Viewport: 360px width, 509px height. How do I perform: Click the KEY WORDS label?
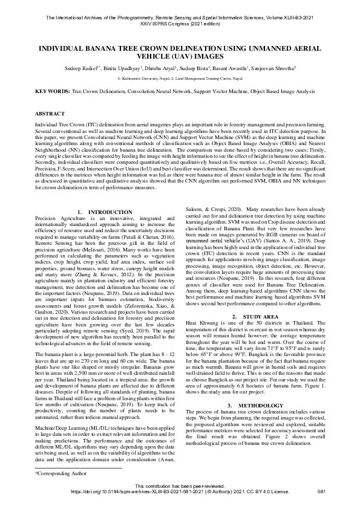pyautogui.click(x=53, y=91)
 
